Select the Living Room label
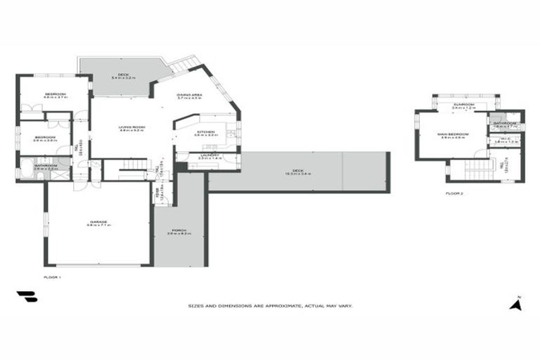click(131, 127)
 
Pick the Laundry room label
click(210, 156)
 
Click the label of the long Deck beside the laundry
click(297, 172)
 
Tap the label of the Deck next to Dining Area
click(123, 77)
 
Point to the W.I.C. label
click(505, 140)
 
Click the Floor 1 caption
click(53, 278)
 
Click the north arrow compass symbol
click(516, 304)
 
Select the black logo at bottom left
click(27, 297)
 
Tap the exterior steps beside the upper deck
click(185, 64)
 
